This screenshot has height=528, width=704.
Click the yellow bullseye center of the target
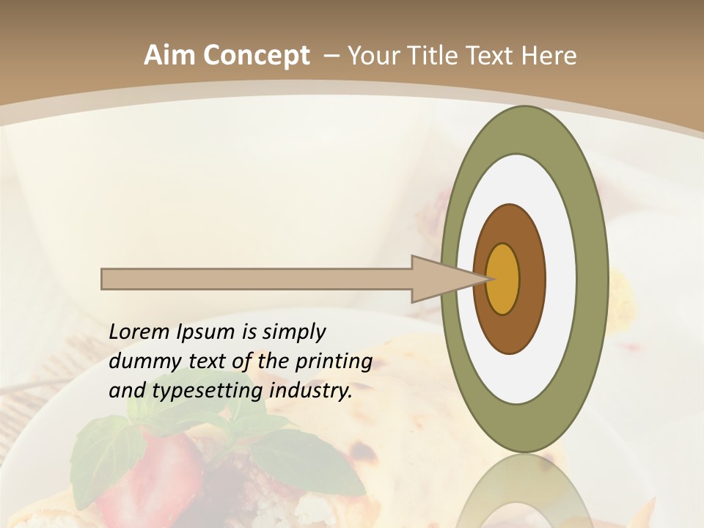(503, 279)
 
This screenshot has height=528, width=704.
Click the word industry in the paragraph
(310, 392)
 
